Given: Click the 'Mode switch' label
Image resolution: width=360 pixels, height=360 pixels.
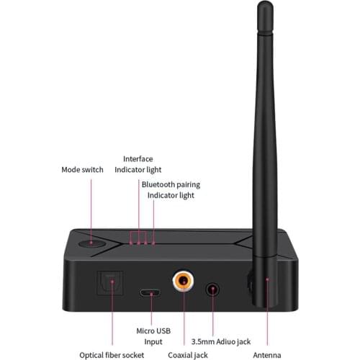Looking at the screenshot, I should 82,170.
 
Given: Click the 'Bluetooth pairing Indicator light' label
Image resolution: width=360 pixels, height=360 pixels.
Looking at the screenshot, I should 171,189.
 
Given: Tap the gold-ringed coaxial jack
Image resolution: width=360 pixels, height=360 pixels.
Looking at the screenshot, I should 184,280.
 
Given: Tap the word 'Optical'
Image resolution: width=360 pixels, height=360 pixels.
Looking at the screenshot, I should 93,354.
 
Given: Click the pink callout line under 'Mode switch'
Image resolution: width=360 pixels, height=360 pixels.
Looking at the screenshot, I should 92,209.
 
